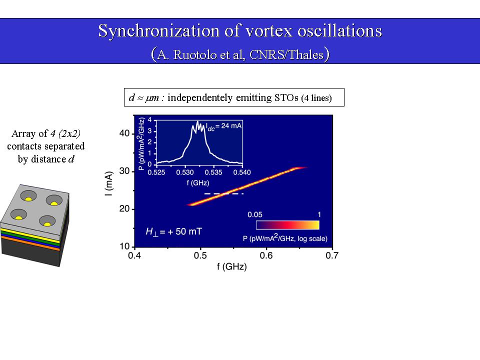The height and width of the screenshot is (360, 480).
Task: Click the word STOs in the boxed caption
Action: click(x=286, y=97)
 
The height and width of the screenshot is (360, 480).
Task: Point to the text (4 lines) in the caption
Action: click(x=316, y=98)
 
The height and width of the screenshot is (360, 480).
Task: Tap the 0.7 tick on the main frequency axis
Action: click(x=332, y=256)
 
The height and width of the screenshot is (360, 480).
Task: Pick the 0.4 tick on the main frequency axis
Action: click(x=134, y=256)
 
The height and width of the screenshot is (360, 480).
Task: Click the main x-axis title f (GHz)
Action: click(x=232, y=266)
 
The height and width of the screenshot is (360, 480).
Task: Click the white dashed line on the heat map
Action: click(x=224, y=193)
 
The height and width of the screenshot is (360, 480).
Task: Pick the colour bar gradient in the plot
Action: click(x=287, y=225)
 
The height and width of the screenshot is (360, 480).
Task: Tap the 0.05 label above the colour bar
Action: click(x=255, y=214)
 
